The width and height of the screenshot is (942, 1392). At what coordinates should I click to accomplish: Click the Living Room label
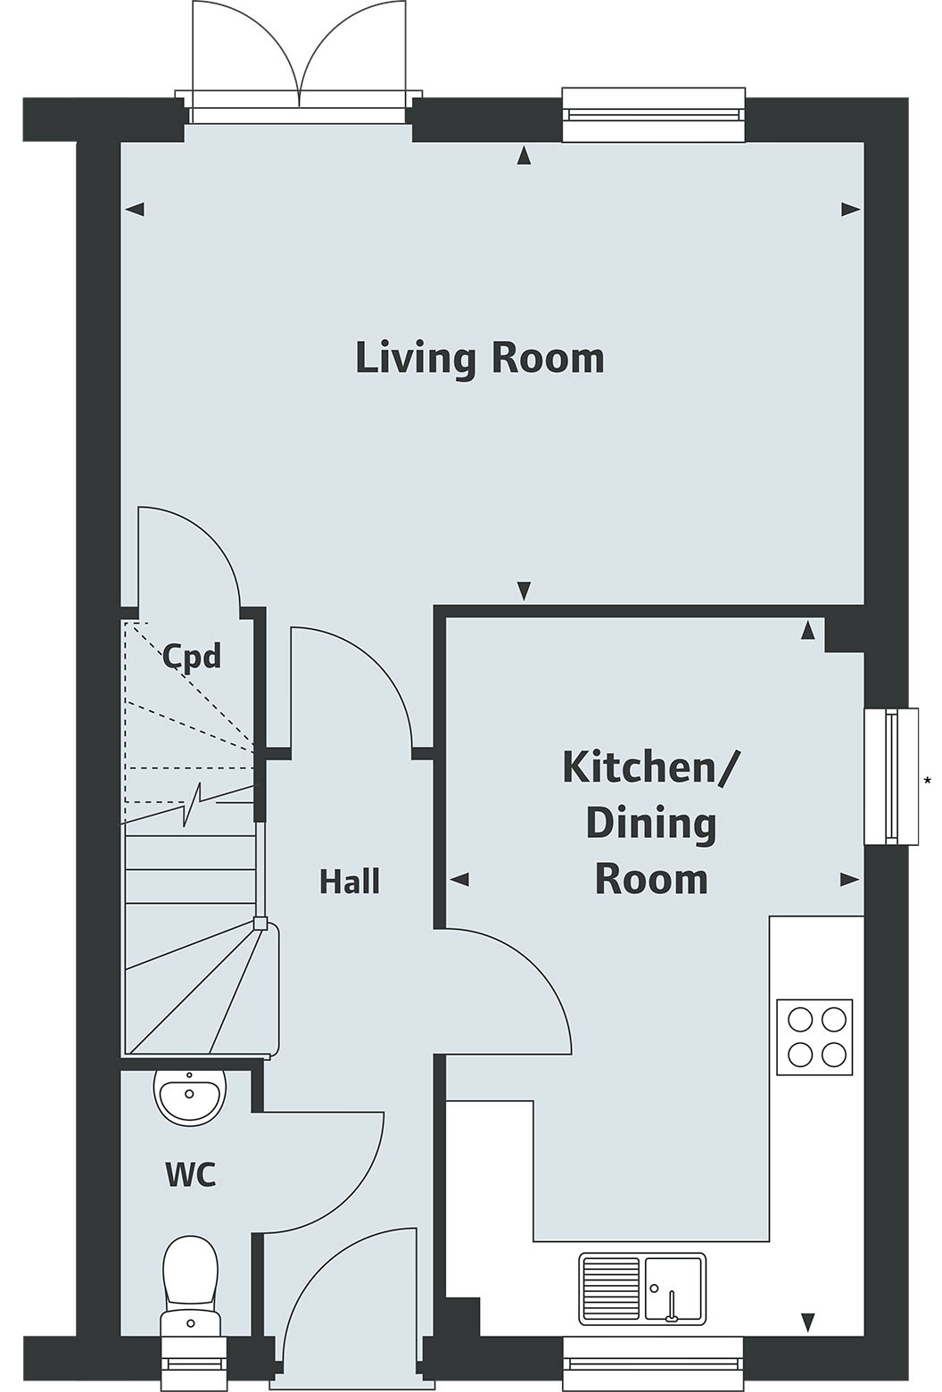click(480, 360)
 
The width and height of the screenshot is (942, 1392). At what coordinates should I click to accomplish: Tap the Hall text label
click(349, 882)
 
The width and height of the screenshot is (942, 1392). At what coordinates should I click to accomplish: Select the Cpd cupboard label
click(192, 656)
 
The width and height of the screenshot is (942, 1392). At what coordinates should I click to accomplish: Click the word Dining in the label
click(650, 825)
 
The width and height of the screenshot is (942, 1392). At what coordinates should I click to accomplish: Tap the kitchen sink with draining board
click(642, 1288)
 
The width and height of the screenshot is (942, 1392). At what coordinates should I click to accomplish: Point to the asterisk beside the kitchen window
click(928, 781)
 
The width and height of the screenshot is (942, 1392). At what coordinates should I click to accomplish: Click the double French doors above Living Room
click(300, 62)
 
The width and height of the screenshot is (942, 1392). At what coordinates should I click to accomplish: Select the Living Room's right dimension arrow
click(851, 210)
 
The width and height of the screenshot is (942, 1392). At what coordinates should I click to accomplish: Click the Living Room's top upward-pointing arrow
click(525, 155)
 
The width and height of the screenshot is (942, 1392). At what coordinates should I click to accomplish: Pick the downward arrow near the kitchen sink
click(807, 1321)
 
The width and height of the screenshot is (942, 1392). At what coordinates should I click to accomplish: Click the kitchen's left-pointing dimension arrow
click(459, 879)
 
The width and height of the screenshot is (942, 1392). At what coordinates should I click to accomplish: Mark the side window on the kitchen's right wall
click(891, 776)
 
